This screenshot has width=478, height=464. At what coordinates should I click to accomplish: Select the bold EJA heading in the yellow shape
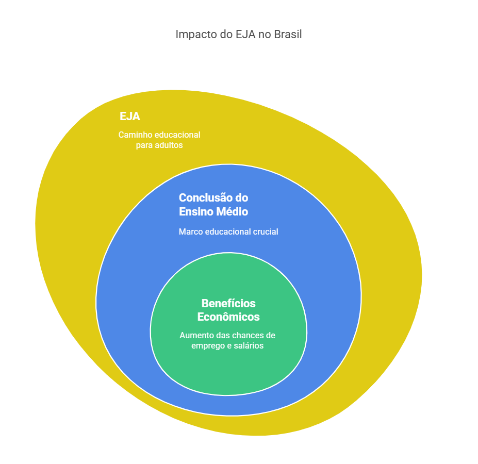click(130, 117)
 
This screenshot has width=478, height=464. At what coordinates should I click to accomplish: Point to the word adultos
click(168, 145)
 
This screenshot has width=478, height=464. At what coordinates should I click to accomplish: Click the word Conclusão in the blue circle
click(205, 198)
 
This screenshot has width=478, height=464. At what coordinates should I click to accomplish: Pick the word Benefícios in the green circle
click(228, 303)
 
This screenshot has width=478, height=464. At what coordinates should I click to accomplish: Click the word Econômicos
click(228, 317)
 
